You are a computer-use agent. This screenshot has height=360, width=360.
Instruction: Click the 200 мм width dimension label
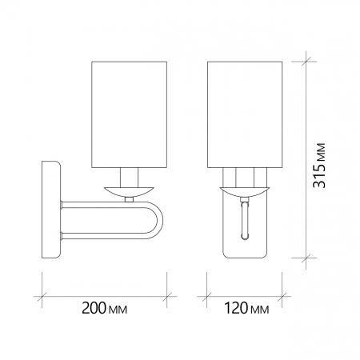pyautogui.click(x=104, y=308)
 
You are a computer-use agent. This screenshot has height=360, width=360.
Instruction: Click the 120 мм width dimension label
pyautogui.click(x=246, y=308)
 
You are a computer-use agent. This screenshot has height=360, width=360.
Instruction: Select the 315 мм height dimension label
pyautogui.click(x=319, y=166)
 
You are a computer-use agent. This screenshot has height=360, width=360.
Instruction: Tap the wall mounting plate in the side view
pyautogui.click(x=51, y=210)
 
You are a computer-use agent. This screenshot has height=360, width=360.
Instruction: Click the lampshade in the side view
pyautogui.click(x=130, y=114)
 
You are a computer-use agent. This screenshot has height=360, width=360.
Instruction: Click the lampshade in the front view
pyautogui.click(x=245, y=114)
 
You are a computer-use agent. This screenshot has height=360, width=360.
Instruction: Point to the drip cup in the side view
pyautogui.click(x=130, y=192)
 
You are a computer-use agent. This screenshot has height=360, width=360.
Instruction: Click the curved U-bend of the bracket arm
pyautogui.click(x=159, y=220)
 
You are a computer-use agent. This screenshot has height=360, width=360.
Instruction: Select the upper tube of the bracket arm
pyautogui.click(x=104, y=205)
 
